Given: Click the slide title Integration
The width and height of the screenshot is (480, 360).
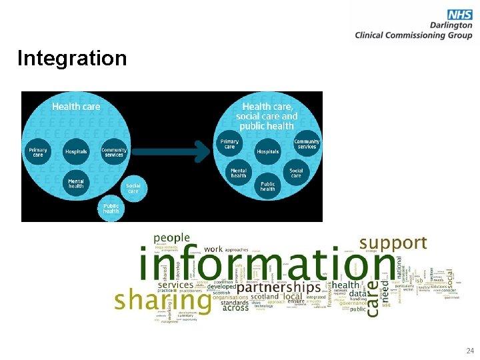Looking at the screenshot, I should tap(72, 59).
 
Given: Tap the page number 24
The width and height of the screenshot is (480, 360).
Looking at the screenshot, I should tap(470, 350).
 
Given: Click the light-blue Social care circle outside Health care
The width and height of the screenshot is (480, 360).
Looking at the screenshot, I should tap(133, 187).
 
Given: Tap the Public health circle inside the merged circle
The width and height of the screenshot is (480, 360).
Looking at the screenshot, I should tap(267, 187).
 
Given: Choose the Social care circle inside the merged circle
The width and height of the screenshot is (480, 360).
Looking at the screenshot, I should tap(296, 173).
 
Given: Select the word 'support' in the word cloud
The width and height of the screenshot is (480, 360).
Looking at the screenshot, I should tap(393, 243).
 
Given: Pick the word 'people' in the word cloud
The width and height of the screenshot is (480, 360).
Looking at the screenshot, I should tap(171, 238).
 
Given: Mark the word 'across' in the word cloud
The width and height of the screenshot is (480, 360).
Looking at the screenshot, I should tap(235, 309).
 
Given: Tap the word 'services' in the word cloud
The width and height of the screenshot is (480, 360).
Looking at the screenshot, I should tap(175, 285).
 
